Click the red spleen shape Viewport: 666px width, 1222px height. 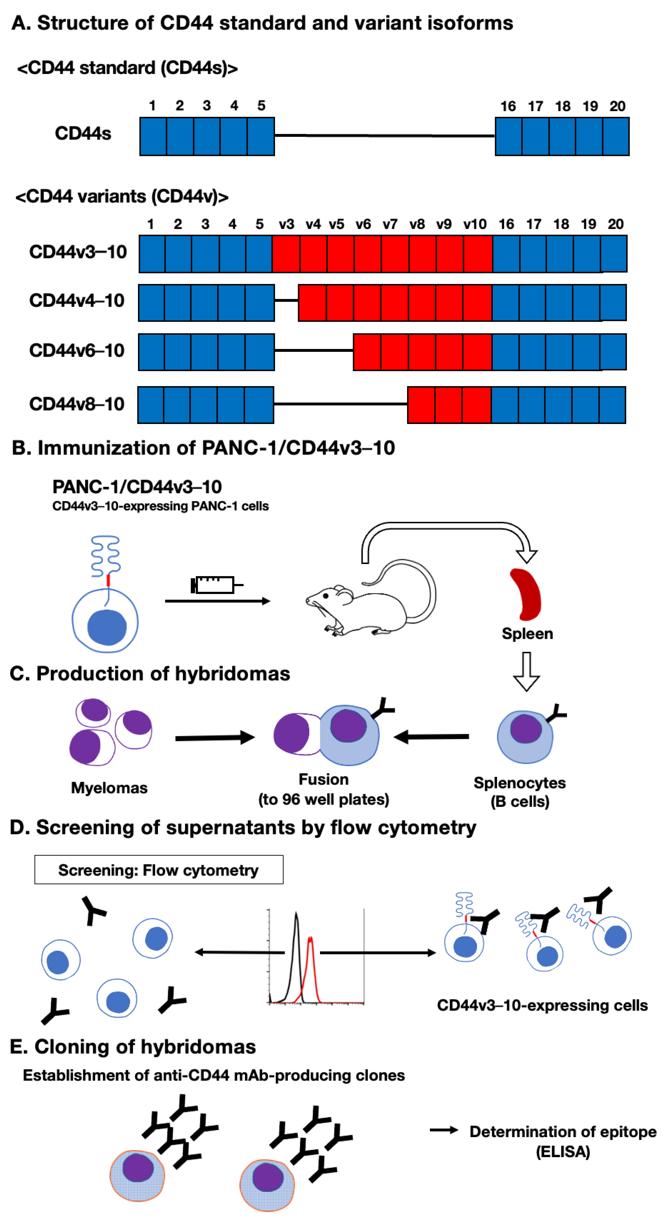(527, 595)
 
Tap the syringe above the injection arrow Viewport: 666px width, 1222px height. (216, 585)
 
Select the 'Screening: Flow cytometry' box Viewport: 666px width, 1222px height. (159, 870)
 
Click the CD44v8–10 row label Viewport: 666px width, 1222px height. (77, 404)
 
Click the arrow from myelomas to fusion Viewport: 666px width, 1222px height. (215, 738)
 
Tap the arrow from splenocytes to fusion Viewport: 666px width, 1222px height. (431, 737)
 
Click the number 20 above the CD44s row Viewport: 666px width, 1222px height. (617, 106)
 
